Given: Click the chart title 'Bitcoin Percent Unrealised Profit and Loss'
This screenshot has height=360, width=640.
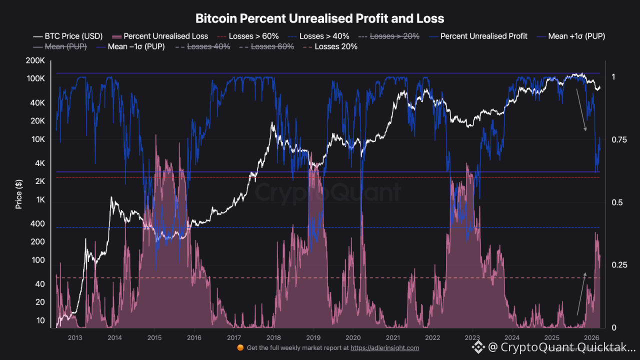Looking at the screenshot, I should [x=319, y=19].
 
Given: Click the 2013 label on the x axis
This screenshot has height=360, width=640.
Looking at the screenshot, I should [x=74, y=338].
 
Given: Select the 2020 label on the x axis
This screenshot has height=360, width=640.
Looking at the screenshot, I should [x=353, y=338].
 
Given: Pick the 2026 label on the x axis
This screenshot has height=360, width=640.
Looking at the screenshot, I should [x=591, y=338].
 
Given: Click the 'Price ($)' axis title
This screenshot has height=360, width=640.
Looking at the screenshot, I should [x=19, y=194].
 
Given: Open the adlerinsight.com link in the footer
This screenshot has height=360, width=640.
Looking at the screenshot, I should [x=384, y=348].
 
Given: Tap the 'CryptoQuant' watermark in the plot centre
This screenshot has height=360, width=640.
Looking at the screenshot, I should [x=328, y=192].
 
